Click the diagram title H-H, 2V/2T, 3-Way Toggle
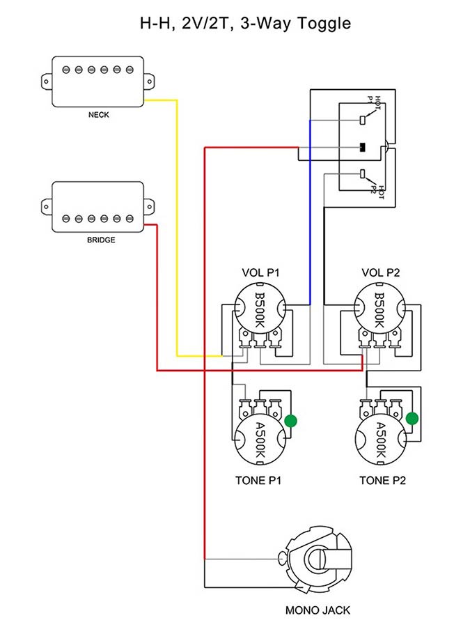(x=235, y=24)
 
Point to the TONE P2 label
(x=382, y=480)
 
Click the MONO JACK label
(x=318, y=610)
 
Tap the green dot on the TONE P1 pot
(x=291, y=420)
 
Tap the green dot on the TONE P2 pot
(x=412, y=418)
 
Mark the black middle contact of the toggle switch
(x=362, y=147)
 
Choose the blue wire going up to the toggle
(x=310, y=209)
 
